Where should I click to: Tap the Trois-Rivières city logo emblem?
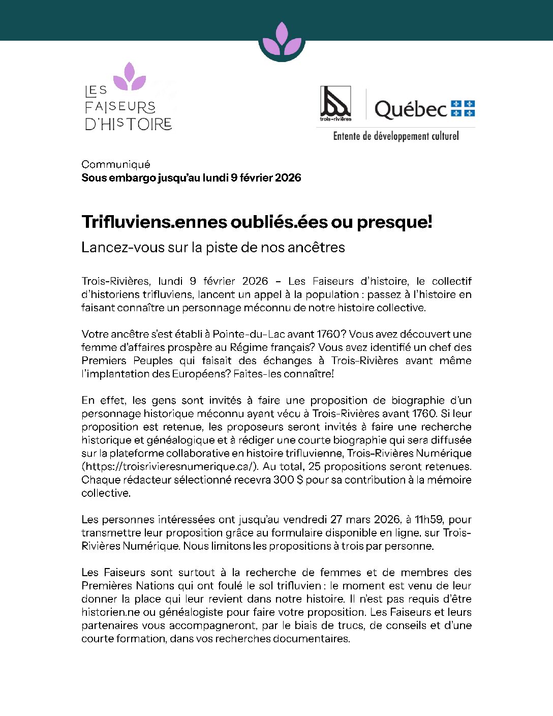point(335,103)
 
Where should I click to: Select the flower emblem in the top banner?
point(282,40)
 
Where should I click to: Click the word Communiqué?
point(116,164)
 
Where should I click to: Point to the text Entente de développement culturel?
point(396,136)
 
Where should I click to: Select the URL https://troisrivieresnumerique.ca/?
point(170,467)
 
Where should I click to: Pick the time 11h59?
point(429,520)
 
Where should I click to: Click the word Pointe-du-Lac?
point(248,335)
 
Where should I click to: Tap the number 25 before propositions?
point(314,467)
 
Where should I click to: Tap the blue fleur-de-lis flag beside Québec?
point(463,108)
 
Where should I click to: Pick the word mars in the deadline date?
point(358,520)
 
